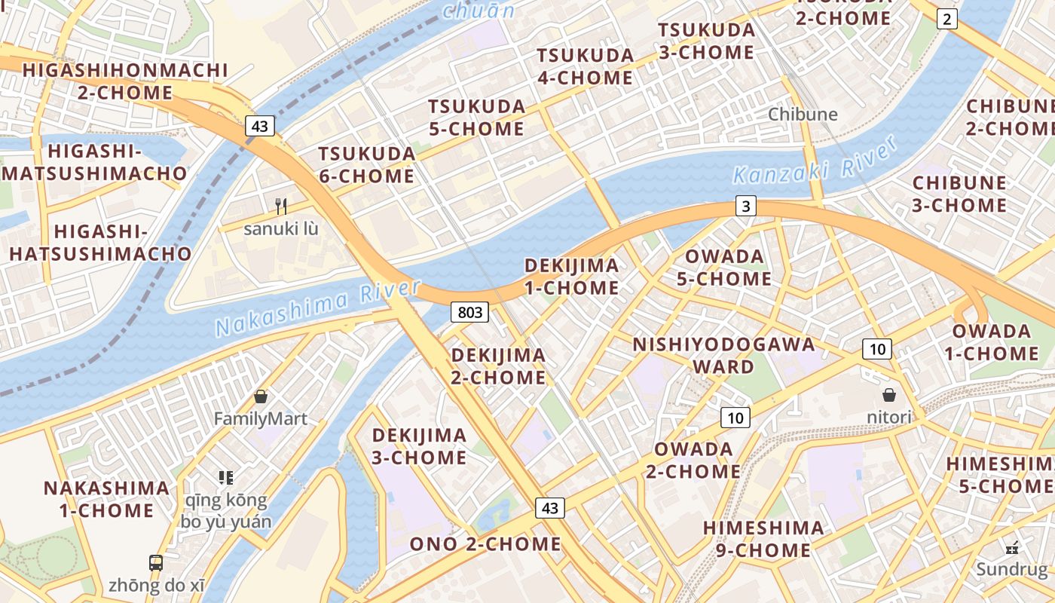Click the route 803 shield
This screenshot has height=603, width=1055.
[470, 312]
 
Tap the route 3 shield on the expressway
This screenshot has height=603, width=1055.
[745, 206]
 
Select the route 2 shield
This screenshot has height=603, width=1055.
[946, 20]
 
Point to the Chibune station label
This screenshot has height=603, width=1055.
[803, 115]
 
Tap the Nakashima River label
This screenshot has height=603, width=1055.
[317, 308]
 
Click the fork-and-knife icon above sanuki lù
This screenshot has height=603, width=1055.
[281, 206]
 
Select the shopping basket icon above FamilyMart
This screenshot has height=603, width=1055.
[261, 396]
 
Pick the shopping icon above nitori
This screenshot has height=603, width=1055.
[889, 395]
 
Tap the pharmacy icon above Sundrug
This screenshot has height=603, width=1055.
[1012, 548]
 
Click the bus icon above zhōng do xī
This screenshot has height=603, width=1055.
[156, 562]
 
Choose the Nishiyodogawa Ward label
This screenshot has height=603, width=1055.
[723, 356]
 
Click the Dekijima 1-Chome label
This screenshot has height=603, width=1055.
[571, 277]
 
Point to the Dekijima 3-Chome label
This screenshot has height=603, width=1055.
[419, 446]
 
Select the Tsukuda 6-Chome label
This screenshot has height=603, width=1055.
[366, 165]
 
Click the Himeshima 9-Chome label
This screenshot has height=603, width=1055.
[763, 539]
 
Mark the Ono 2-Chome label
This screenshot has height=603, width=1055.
[485, 544]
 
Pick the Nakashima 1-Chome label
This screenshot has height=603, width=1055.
[106, 499]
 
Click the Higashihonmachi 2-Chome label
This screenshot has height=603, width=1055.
[125, 81]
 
